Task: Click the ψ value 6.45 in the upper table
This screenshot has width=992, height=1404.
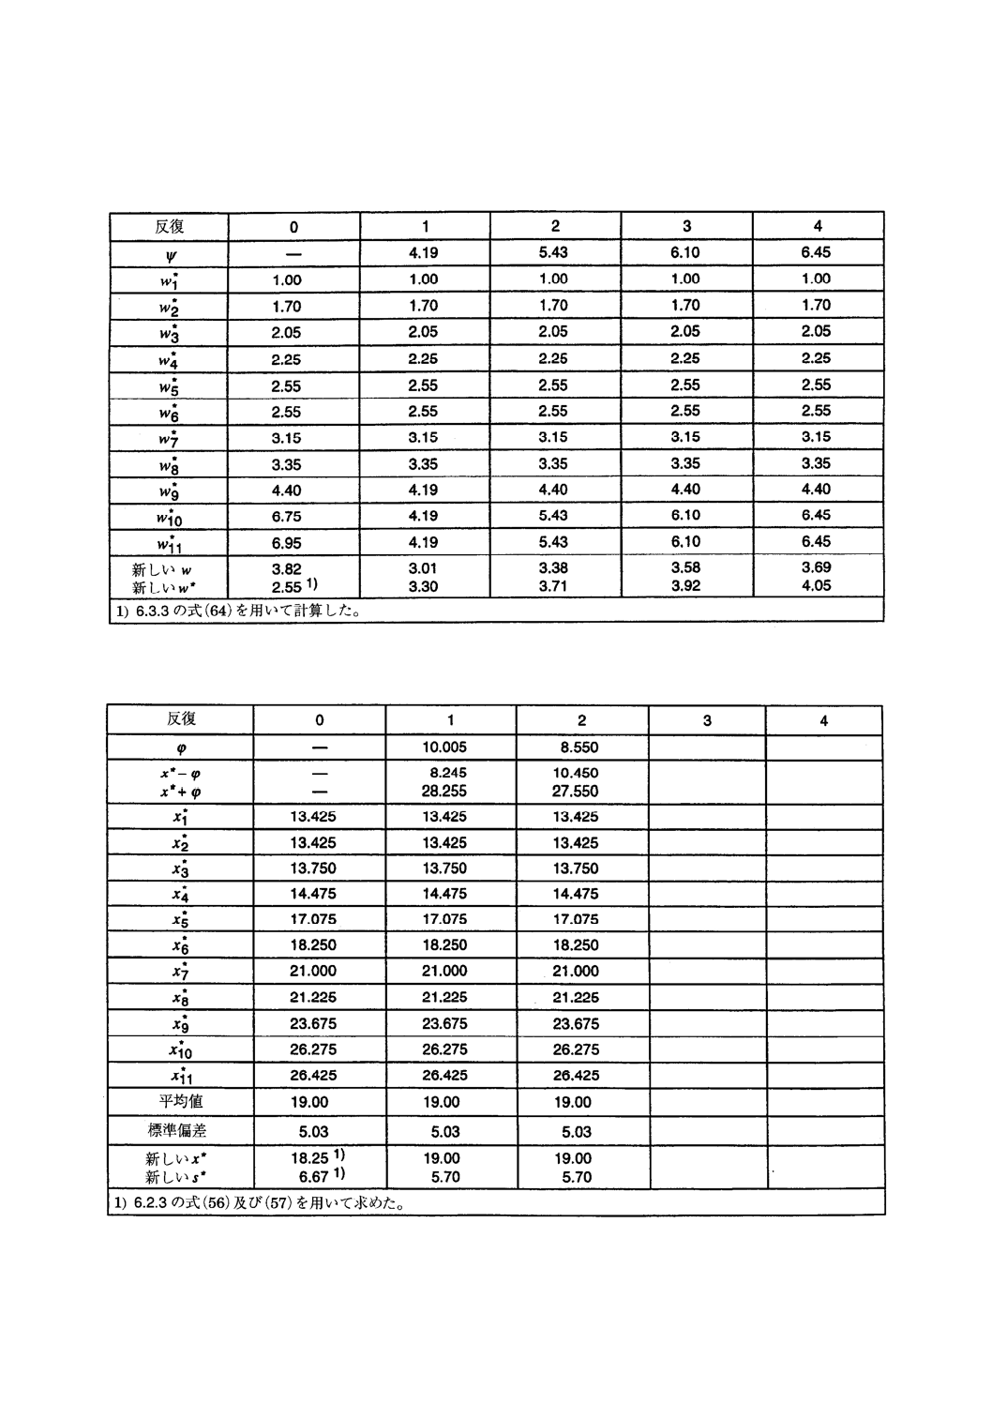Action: [x=816, y=252]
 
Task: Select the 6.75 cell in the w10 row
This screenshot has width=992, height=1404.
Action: [x=285, y=516]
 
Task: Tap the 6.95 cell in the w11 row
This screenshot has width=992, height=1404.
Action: [x=285, y=542]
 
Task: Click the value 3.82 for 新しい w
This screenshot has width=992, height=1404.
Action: [x=285, y=568]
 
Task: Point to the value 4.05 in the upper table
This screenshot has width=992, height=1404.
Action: [x=816, y=586]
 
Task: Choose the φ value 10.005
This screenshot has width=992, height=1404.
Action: [x=444, y=747]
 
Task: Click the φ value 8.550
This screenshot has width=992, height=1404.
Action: [x=575, y=747]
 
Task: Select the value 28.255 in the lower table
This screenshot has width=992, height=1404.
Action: [x=444, y=791]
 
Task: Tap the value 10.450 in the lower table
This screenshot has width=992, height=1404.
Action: [x=575, y=773]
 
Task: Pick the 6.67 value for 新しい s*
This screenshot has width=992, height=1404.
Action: [x=311, y=1177]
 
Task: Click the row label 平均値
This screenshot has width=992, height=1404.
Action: [x=181, y=1102]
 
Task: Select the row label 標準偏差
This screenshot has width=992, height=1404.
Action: [x=181, y=1131]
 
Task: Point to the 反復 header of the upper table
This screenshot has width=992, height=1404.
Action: [x=170, y=226]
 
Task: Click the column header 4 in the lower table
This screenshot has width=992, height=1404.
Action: [x=823, y=720]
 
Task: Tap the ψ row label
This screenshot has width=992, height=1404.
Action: [x=170, y=254]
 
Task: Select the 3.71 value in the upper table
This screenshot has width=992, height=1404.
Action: [x=553, y=586]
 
